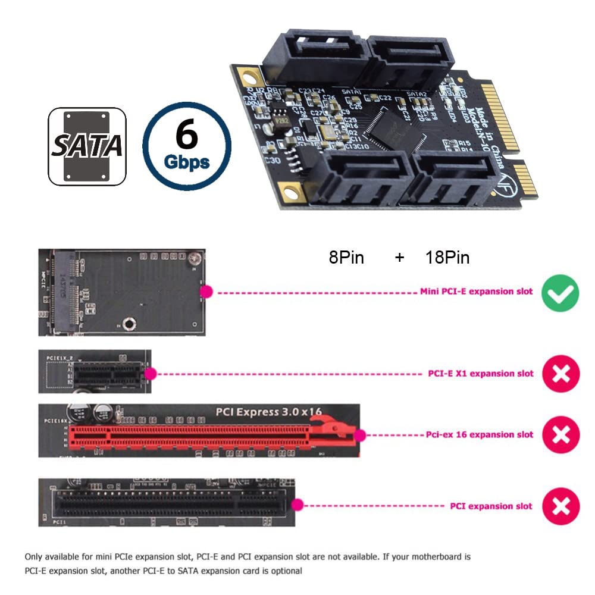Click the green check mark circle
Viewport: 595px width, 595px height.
pos(560,293)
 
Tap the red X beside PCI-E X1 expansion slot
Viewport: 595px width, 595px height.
pos(560,374)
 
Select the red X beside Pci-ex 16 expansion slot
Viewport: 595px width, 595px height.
pos(560,435)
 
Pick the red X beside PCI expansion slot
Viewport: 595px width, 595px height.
pos(560,506)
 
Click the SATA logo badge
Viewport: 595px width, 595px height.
pos(87,146)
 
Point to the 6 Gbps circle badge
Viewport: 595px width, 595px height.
pos(187,146)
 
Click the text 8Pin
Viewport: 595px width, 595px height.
pos(346,258)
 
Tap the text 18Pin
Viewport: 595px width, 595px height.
pos(447,258)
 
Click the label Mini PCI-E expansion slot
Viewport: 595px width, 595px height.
pos(477,292)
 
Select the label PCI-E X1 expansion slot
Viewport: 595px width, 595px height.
pos(481,374)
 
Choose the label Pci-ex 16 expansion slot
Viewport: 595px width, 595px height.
pos(480,435)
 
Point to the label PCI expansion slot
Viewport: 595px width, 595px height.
pos(491,506)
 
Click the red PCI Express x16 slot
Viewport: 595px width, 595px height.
pos(208,436)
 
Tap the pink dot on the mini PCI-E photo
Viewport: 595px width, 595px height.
pos(206,292)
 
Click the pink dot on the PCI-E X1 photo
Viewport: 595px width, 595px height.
pos(151,374)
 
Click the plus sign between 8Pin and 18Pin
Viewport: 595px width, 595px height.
pos(399,258)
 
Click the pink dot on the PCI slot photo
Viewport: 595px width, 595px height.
pos(298,505)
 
